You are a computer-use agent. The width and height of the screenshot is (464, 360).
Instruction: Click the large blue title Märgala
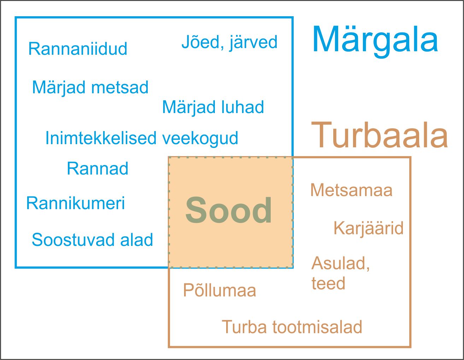tap(375, 40)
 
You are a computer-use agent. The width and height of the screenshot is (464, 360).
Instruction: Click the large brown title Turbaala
tap(380, 135)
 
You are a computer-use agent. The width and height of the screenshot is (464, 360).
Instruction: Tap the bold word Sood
tap(229, 211)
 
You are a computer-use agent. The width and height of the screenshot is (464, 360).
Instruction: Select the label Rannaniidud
tap(78, 49)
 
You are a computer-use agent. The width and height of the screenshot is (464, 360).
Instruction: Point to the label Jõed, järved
tap(229, 42)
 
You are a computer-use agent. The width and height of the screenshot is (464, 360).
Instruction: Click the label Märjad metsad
tap(90, 87)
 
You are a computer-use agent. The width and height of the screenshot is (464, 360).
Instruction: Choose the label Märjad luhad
tap(213, 107)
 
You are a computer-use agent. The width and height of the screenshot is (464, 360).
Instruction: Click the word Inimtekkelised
tap(101, 138)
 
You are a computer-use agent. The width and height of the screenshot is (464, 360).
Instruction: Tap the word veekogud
tap(200, 138)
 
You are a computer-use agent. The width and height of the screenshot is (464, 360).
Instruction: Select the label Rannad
tap(98, 169)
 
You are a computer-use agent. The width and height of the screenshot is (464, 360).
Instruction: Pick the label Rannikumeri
tap(76, 203)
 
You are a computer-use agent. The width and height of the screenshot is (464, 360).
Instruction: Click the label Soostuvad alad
tap(92, 240)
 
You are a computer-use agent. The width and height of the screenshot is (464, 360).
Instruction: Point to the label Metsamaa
tap(351, 190)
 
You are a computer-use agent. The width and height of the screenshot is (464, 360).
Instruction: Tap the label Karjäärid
tap(368, 228)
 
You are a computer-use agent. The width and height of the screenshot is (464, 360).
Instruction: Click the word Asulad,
tap(341, 264)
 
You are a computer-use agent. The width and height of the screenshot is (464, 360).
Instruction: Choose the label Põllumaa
tap(219, 291)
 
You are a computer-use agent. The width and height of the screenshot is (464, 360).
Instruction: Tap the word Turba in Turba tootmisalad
tap(244, 327)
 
